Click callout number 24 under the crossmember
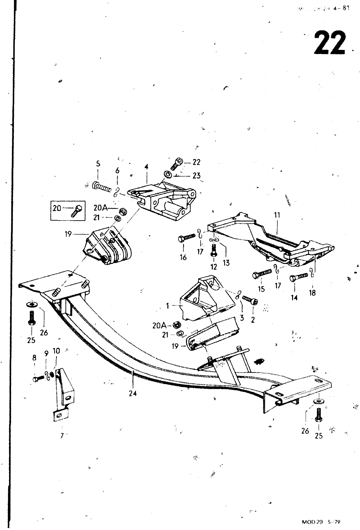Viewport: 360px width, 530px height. click(133, 394)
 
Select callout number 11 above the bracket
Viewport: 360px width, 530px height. click(277, 215)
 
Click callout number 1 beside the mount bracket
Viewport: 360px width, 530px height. click(168, 306)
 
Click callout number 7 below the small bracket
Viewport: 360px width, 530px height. click(62, 436)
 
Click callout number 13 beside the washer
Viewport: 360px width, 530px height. click(226, 263)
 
